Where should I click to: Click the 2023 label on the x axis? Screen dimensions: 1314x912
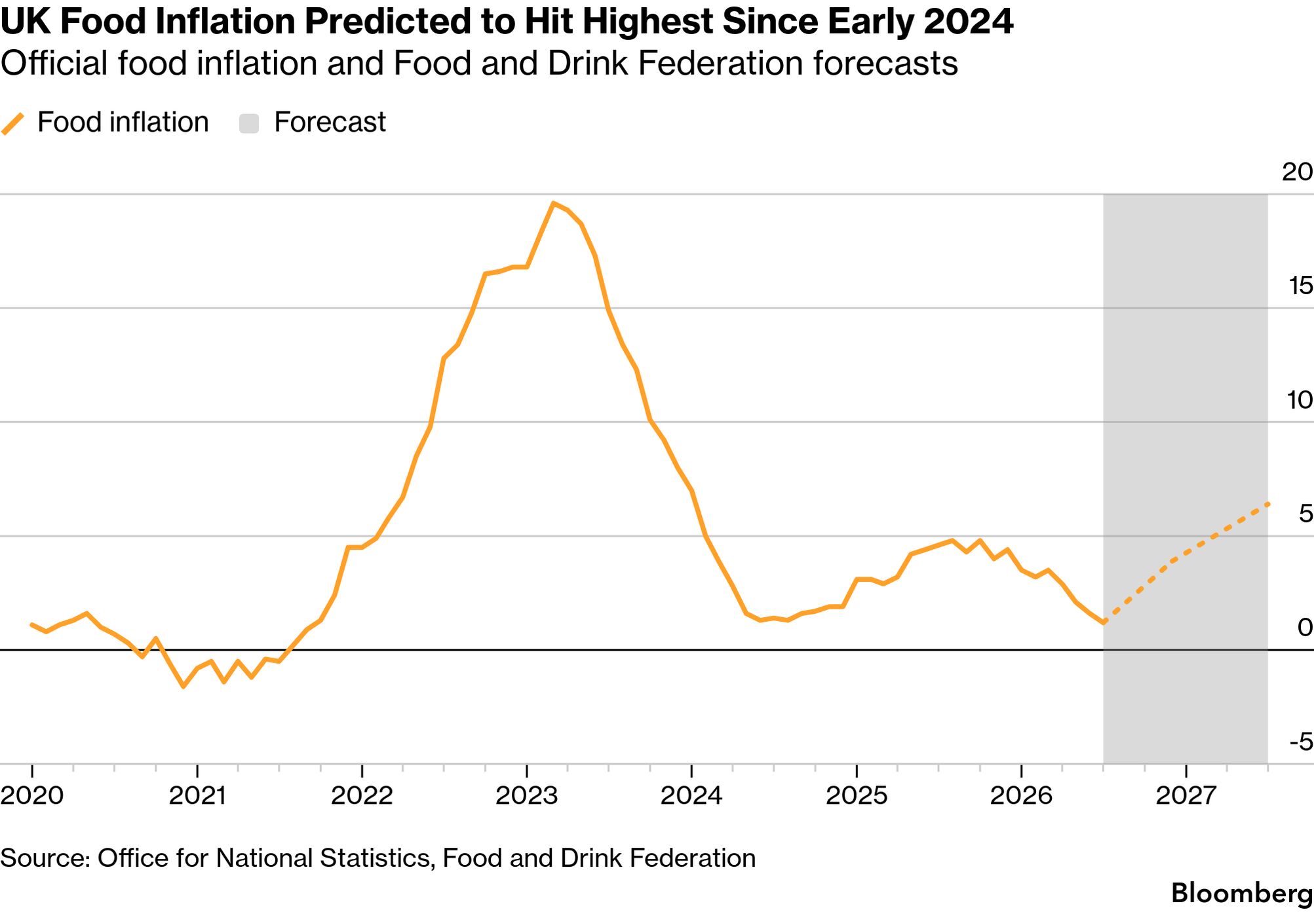click(x=527, y=795)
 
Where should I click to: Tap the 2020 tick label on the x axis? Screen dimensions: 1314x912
click(x=32, y=795)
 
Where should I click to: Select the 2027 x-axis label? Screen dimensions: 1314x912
click(x=1186, y=795)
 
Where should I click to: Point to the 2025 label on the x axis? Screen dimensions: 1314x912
click(x=857, y=795)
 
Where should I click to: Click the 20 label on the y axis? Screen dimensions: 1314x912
click(x=1298, y=172)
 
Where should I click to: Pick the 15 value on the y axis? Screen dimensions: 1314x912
click(x=1300, y=286)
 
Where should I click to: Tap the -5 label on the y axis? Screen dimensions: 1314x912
click(x=1302, y=742)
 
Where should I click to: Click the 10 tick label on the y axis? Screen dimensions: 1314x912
click(x=1300, y=400)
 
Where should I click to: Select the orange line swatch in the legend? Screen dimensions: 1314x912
click(x=12, y=123)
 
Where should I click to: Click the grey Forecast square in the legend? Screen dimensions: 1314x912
click(x=249, y=123)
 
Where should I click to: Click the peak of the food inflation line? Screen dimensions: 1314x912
click(x=554, y=203)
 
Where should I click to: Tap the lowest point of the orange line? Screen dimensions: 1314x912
click(x=183, y=687)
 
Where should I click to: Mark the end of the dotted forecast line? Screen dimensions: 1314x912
click(x=1268, y=503)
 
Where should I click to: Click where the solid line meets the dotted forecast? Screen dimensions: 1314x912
click(x=1104, y=621)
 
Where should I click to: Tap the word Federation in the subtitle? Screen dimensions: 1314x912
click(x=718, y=64)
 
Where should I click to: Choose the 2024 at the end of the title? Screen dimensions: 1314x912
click(x=969, y=22)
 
